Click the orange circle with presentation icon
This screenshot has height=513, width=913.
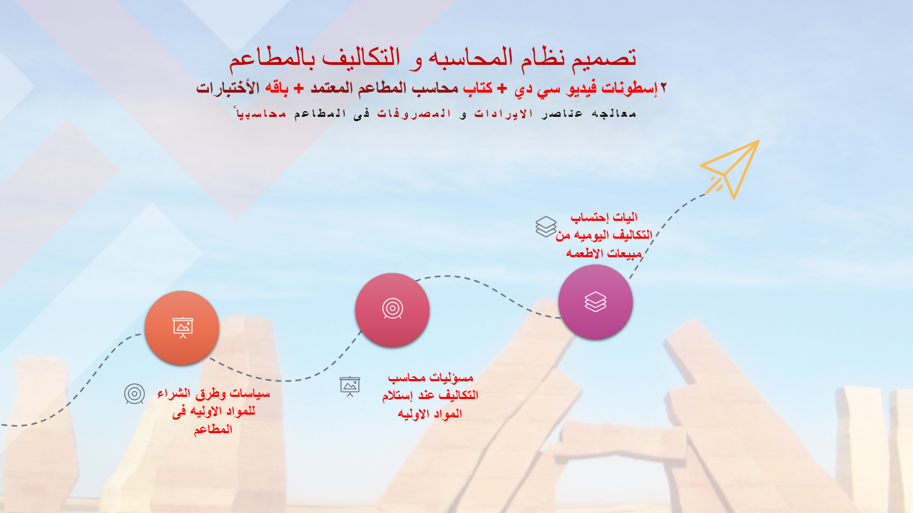click(x=182, y=328)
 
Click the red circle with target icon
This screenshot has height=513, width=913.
click(x=392, y=310)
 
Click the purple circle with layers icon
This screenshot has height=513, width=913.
click(x=596, y=302)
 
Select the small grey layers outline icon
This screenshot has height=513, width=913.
click(x=546, y=227)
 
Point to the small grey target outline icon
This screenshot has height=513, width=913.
click(x=134, y=394)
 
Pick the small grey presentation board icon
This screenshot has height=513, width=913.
click(x=350, y=386)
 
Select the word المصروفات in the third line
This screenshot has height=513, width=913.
click(x=417, y=113)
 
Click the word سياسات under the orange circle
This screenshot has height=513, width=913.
click(x=248, y=393)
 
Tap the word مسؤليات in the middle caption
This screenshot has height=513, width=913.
click(x=449, y=378)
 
